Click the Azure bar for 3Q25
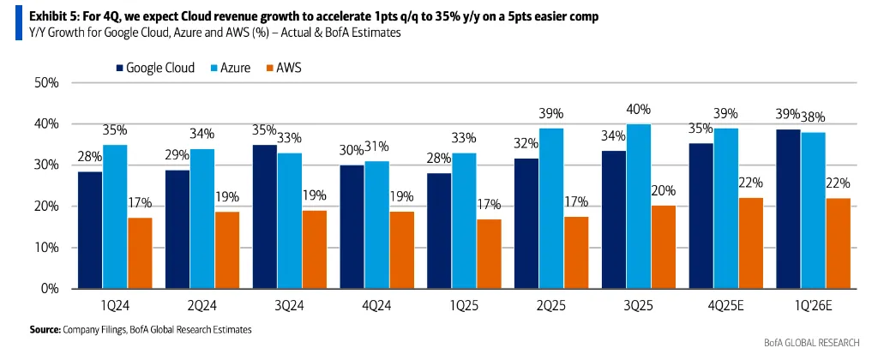point(640,206)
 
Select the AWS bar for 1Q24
point(140,253)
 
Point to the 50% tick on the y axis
point(45,83)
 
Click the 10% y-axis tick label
point(45,248)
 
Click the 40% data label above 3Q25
point(640,110)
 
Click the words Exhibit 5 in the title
point(43,16)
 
